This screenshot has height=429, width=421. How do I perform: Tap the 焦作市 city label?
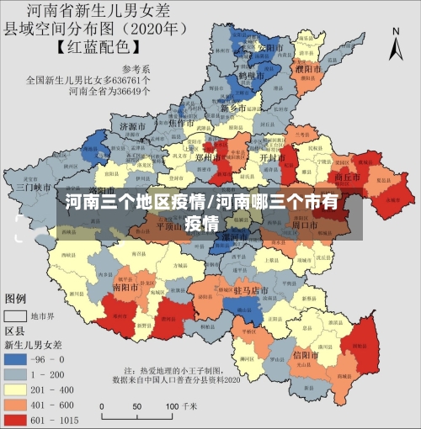pyautogui.click(x=181, y=123)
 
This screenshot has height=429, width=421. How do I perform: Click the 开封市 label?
pyautogui.click(x=272, y=157)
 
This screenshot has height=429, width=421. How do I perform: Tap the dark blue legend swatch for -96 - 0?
pyautogui.click(x=17, y=358)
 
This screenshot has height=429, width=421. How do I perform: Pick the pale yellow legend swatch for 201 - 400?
pyautogui.click(x=17, y=389)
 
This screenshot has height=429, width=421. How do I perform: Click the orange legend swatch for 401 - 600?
pyautogui.click(x=17, y=404)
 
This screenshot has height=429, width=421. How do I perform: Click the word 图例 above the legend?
pyautogui.click(x=16, y=299)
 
